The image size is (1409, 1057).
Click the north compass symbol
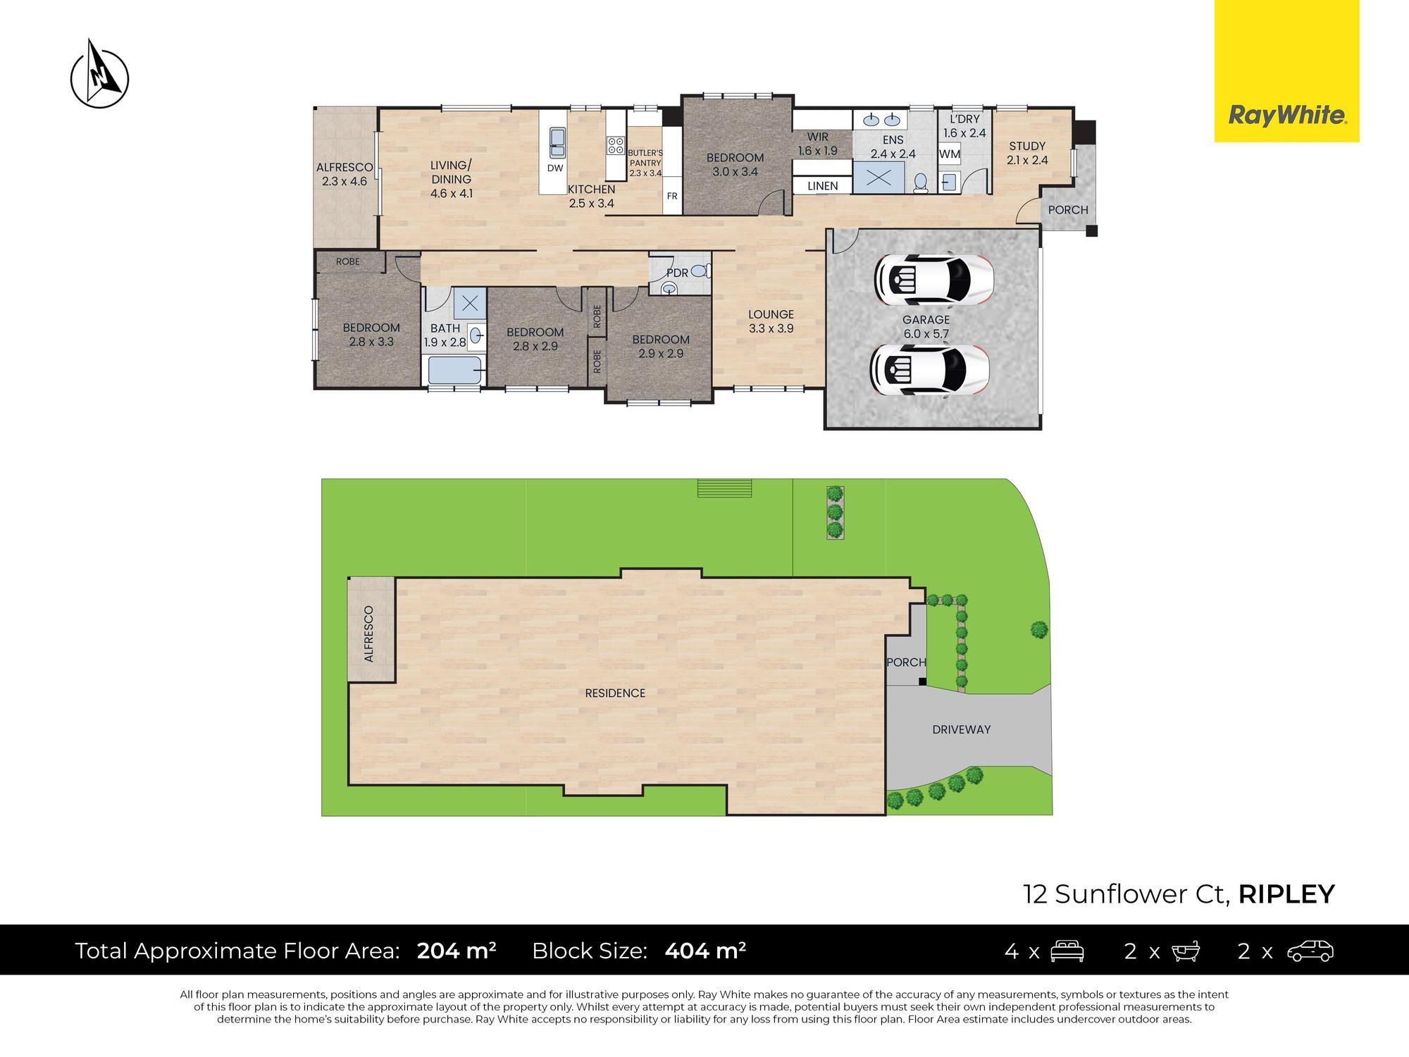pos(100,75)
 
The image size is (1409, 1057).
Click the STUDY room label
pos(1026,146)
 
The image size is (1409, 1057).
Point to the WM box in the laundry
pos(949,154)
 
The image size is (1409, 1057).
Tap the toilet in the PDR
pos(700,270)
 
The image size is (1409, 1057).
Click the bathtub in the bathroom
pos(454,369)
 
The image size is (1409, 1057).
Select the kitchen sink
pos(557,142)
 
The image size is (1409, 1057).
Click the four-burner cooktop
pos(616,145)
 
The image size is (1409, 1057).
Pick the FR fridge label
pos(672,196)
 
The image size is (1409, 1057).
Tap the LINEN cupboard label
pos(822,186)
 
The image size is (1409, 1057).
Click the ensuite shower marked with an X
pos(878,177)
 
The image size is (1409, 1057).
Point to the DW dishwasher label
pos(555,168)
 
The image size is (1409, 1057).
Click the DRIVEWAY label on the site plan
pos(961,729)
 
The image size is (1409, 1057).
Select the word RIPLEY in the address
pos(1286,894)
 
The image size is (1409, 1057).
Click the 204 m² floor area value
pos(457,951)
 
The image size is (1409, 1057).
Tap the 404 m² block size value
pos(705,951)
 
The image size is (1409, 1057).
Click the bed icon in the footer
pos(1067,951)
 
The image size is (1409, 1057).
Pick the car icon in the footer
pos(1310,951)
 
